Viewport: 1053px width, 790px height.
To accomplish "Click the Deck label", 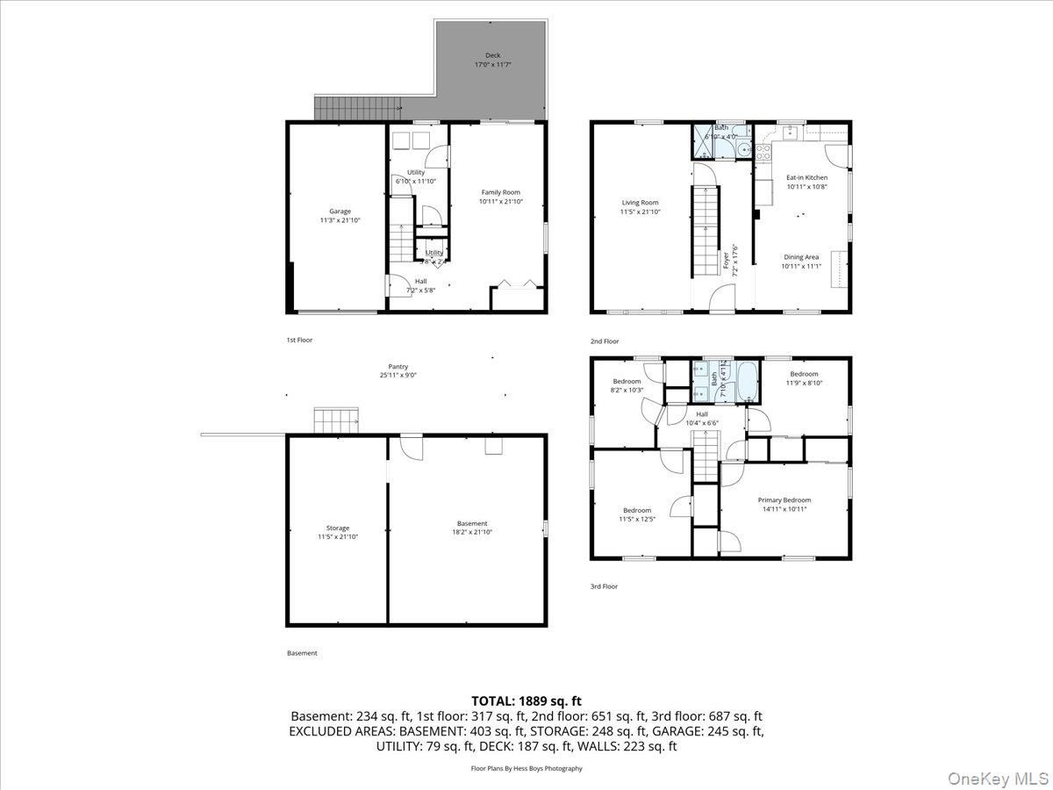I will click(493, 55).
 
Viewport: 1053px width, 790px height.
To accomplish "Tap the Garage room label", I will click(340, 212).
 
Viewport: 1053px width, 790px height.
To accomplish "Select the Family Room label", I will click(500, 192).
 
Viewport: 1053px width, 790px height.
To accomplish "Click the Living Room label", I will click(640, 203).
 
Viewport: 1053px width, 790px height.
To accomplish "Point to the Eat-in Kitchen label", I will click(806, 177).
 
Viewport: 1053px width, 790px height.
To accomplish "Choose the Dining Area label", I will click(800, 257).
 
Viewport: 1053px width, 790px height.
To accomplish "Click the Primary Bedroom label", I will click(784, 500).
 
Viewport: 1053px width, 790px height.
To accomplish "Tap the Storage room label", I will click(338, 528).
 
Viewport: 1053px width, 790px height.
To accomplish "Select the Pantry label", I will click(398, 367).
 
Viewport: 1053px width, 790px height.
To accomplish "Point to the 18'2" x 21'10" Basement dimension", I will click(472, 532).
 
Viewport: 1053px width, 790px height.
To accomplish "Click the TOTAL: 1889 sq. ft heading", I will click(526, 700).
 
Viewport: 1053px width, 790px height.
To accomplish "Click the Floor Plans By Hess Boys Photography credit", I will click(526, 768).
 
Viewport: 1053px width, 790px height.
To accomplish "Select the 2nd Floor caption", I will click(605, 341).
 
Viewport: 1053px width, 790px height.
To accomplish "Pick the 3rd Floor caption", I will click(604, 586).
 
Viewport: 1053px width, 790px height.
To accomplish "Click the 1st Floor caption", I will click(299, 340).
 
